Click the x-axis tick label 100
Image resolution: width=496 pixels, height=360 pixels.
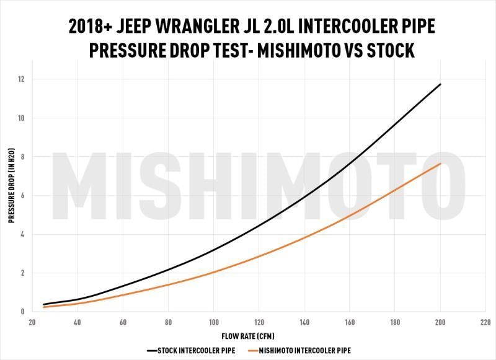click(213, 322)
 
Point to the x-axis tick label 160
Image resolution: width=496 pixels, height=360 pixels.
click(350, 322)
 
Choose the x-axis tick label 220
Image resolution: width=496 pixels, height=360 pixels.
click(485, 322)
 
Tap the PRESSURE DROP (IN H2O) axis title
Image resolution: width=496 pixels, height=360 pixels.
click(11, 195)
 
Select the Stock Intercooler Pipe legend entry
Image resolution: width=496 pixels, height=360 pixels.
click(192, 351)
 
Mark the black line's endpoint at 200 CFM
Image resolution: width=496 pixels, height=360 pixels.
click(440, 84)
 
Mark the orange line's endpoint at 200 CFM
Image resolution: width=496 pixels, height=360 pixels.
click(440, 164)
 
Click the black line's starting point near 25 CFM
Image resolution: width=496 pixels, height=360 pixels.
click(44, 304)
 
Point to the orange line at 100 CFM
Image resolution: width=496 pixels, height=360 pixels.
click(213, 272)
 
